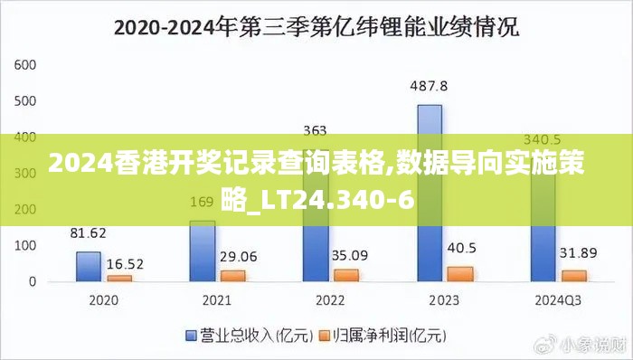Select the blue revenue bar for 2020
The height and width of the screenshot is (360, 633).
pos(88,267)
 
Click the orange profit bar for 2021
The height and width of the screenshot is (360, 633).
pos(232,276)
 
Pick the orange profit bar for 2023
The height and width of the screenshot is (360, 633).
pos(459,274)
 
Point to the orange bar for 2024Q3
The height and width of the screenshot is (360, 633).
pos(573,276)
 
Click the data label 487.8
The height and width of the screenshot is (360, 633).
pos(429,87)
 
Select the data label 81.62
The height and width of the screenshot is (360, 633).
pos(88,232)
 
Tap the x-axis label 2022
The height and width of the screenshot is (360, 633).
pos(331,299)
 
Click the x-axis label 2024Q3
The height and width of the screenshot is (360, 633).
pos(558,299)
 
